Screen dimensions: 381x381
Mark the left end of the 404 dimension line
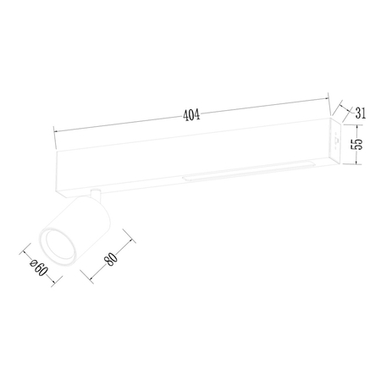pyautogui.click(x=54, y=131)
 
